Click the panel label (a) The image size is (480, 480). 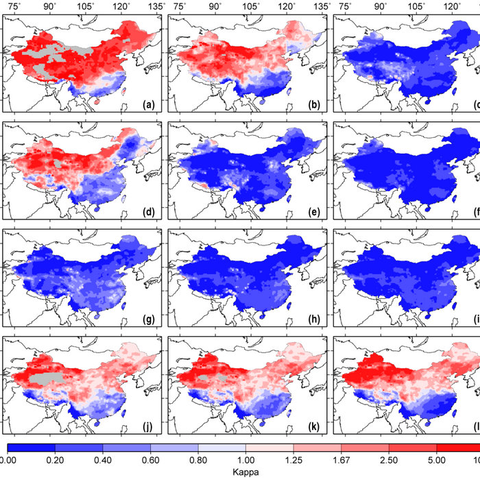point(149,105)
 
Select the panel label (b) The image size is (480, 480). point(315,105)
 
